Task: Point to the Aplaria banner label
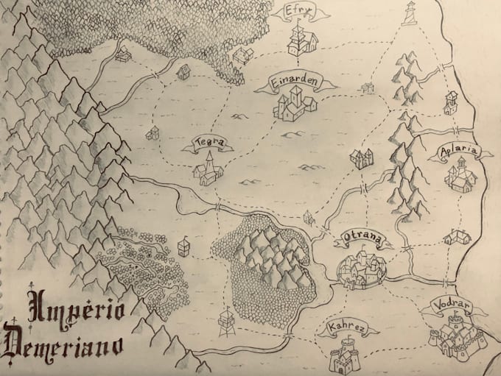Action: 458,153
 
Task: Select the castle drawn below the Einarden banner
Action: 294,105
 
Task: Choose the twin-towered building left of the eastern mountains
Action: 360,158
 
